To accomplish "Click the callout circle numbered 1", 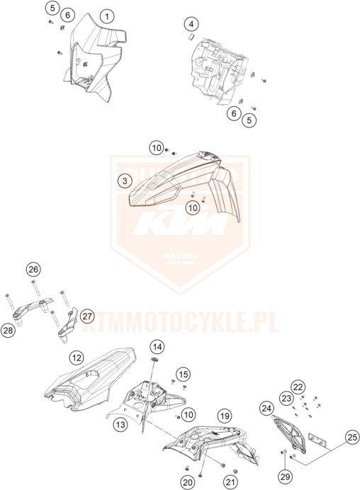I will pos(106,16).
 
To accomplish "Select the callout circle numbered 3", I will pos(123,181).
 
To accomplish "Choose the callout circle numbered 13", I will pos(120,424).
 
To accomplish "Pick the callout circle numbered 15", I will pos(184,374).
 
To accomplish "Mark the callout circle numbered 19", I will pos(224,416).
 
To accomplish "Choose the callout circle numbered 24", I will pos(266,409).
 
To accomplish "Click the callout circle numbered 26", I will pos(33,269).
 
